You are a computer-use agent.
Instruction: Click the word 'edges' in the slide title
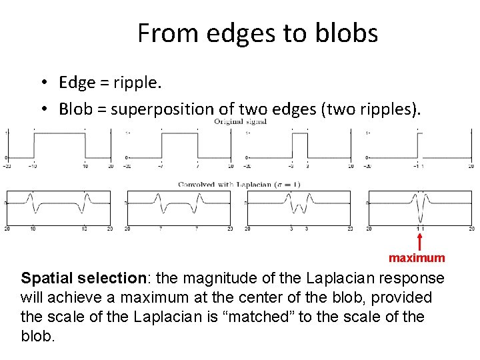pos(240,33)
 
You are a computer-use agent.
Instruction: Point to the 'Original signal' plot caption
pos(240,122)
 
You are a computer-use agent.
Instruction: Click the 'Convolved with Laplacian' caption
pos(230,184)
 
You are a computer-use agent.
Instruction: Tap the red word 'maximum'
pos(417,257)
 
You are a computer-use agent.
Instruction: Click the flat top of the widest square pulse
pos(59,133)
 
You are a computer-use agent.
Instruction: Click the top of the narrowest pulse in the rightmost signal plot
pos(419,133)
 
